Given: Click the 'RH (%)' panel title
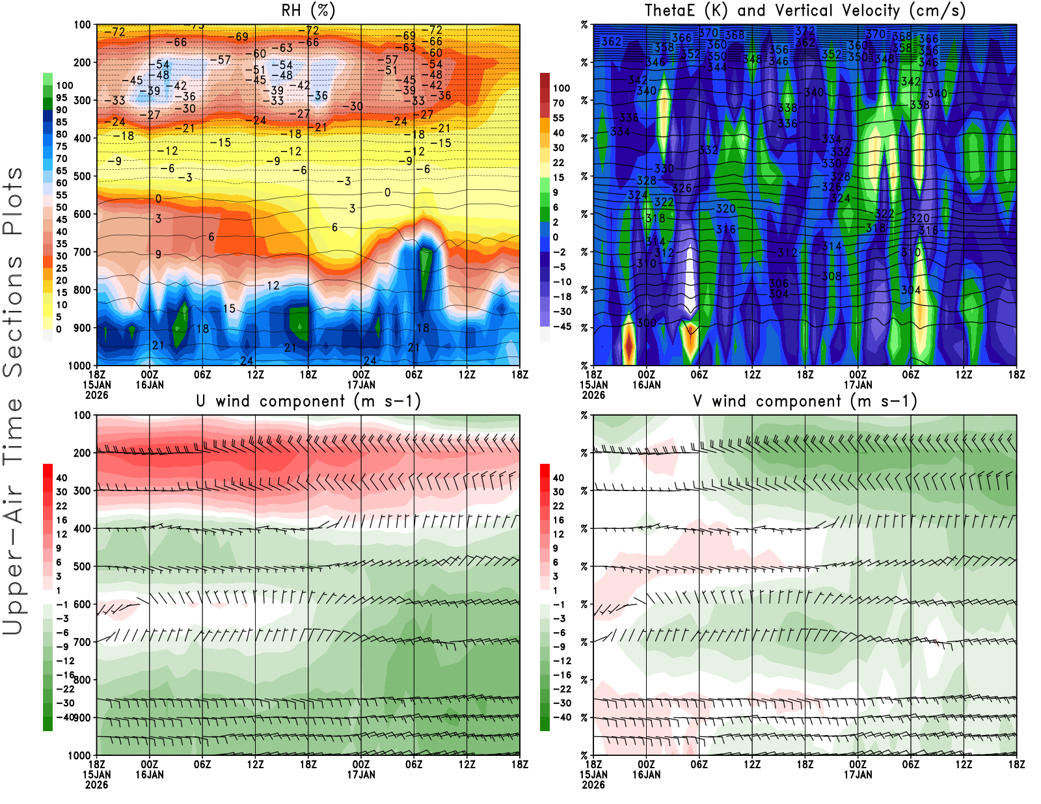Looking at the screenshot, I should (308, 10).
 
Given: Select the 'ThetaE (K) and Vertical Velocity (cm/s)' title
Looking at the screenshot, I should (805, 10).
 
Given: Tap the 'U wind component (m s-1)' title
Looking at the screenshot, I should (308, 401).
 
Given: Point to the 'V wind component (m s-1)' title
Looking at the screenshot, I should (805, 401).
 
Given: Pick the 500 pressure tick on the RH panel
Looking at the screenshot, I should (82, 176).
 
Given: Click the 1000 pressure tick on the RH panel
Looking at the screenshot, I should (79, 366).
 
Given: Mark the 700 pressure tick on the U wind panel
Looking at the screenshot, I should (82, 642).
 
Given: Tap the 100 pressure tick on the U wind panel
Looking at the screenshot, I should (82, 415).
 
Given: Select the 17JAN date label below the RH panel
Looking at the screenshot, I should (361, 384).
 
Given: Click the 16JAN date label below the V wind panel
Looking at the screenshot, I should (646, 775).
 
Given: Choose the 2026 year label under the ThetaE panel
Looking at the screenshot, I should (593, 395).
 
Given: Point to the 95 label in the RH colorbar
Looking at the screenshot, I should (61, 98).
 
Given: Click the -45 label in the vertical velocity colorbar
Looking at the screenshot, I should (562, 327).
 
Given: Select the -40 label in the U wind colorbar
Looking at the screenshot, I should (64, 717).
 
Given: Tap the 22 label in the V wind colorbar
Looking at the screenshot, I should (558, 506).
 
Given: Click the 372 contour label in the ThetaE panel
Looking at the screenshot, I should (805, 31).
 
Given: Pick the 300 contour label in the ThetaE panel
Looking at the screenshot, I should (646, 323).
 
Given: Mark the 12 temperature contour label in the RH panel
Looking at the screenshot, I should (273, 286).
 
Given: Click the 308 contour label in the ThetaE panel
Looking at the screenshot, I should (831, 276).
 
